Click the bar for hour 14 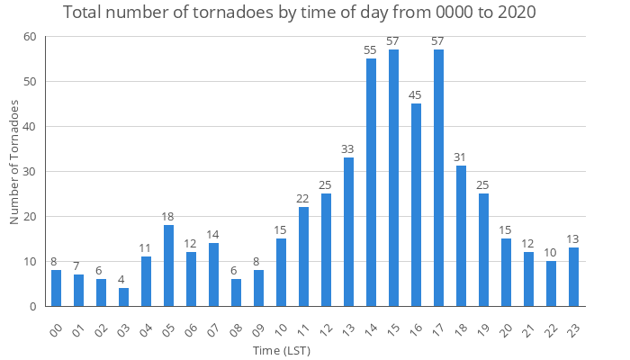tap(371, 182)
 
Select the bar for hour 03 tap(123, 297)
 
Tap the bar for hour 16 tap(416, 204)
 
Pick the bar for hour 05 tap(168, 265)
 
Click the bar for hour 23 tap(573, 276)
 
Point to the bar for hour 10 tap(281, 272)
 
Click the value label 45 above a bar tap(416, 95)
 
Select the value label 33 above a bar tap(348, 149)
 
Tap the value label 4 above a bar tap(123, 280)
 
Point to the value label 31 tap(461, 158)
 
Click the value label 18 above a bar tap(168, 217)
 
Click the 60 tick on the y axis tap(30, 37)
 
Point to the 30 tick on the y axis tap(30, 172)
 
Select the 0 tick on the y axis tap(33, 307)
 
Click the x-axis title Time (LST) tap(281, 349)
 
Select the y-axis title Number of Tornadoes tap(14, 162)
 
